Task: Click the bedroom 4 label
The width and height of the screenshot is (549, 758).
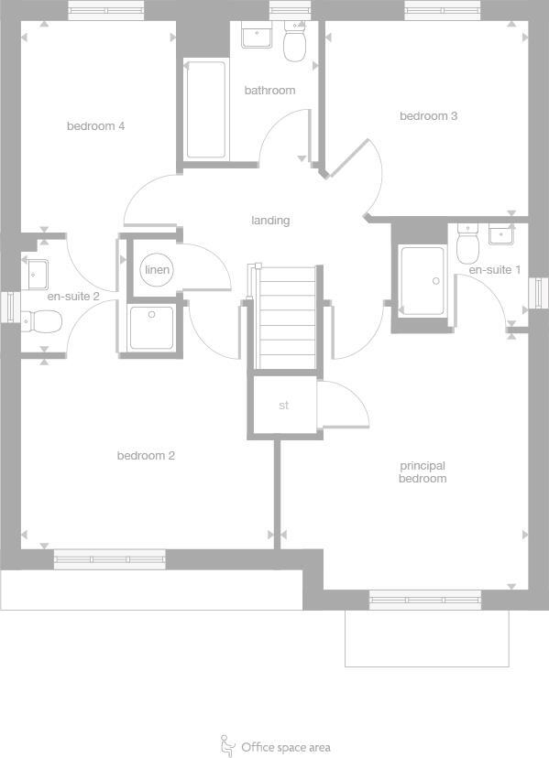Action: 95,126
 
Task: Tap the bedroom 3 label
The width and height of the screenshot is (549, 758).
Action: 428,116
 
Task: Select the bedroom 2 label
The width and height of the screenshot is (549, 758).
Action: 146,456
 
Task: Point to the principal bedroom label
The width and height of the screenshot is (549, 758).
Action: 423,472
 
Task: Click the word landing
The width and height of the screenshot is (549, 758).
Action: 270,221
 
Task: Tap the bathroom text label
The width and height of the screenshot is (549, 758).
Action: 269,91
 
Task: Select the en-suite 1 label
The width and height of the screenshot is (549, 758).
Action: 494,270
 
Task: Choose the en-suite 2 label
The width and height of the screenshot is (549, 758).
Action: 73,297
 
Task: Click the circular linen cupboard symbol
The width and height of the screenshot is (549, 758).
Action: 157,270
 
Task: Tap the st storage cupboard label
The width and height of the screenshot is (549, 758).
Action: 283,405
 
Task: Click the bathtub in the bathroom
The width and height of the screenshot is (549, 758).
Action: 205,109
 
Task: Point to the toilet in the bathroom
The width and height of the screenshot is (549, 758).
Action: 294,43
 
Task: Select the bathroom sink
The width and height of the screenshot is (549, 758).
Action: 256,37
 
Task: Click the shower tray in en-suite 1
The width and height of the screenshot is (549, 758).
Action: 423,280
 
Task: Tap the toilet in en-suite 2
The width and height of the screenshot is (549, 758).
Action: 42,321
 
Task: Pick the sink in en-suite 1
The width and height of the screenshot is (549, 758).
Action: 501,235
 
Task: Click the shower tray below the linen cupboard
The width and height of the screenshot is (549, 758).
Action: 151,328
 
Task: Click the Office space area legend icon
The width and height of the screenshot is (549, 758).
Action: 228,745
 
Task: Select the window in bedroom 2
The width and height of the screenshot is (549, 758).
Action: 109,559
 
